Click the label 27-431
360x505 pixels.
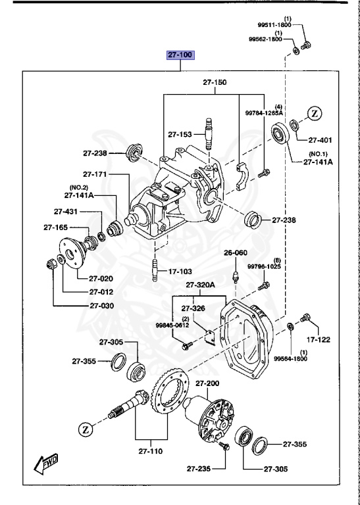pyautogui.click(x=66, y=212)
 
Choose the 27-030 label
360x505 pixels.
pyautogui.click(x=101, y=306)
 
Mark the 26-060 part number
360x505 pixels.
pyautogui.click(x=235, y=252)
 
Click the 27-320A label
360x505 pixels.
pyautogui.click(x=201, y=285)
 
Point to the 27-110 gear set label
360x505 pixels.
pyautogui.click(x=151, y=452)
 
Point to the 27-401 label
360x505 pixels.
pyautogui.click(x=321, y=140)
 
